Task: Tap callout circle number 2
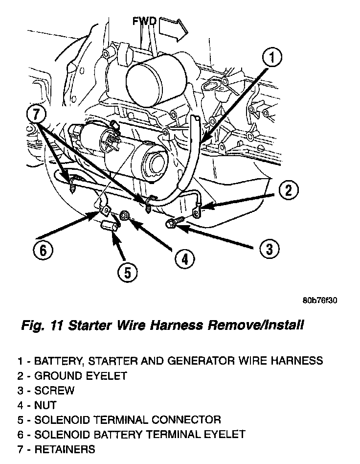coord(289,191)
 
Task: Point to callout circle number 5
coord(128,272)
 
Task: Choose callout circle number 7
coord(36,115)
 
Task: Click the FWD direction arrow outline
coord(174,29)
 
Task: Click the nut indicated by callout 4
coord(125,216)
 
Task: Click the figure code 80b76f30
coord(320,300)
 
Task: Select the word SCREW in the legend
coord(54,391)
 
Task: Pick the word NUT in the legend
coord(45,405)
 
